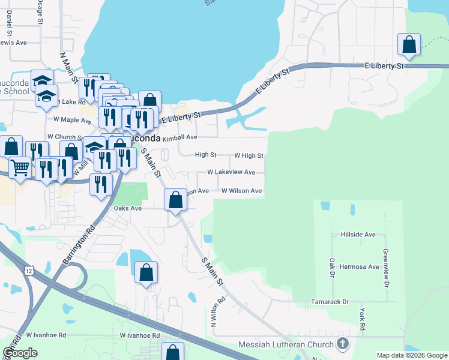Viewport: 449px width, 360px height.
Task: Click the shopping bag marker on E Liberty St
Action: click(409, 45)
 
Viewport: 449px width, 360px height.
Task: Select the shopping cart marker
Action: click(20, 168)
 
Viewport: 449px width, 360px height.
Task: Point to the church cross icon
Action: click(343, 344)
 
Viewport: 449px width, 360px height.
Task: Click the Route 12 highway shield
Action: click(29, 272)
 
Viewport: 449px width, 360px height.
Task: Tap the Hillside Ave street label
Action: click(358, 235)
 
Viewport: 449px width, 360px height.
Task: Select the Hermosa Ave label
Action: click(360, 266)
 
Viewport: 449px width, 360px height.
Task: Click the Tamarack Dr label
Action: click(330, 302)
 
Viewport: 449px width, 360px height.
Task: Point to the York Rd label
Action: click(362, 319)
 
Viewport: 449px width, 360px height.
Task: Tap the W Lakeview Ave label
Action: click(231, 172)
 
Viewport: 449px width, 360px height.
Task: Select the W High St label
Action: click(249, 155)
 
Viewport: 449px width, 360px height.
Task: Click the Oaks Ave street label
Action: click(128, 208)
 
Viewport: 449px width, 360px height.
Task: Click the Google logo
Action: click(20, 353)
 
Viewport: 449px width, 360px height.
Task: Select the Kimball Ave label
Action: click(180, 137)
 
